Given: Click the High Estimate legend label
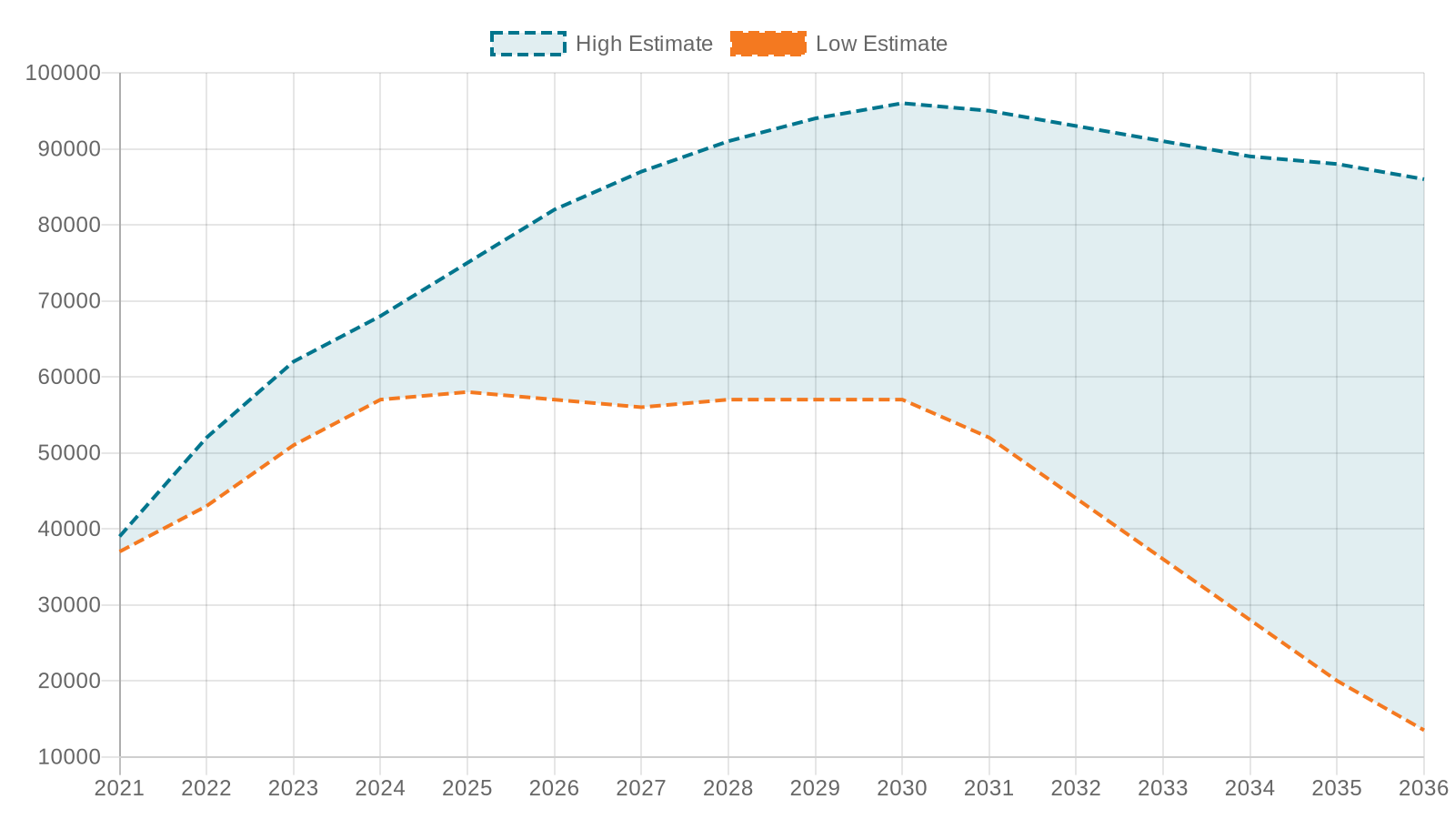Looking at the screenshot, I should (644, 44).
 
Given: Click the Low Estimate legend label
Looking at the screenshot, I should (881, 44).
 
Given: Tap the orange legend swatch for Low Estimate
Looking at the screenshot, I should (768, 44).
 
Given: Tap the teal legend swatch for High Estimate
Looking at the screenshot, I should (527, 44).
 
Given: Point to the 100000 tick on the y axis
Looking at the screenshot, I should (62, 73).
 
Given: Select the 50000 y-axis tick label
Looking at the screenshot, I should (68, 453).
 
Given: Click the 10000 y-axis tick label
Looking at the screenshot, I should (68, 757).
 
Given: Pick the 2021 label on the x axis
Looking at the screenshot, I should (120, 788).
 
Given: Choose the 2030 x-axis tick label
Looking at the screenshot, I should (902, 788).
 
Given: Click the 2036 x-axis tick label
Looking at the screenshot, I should (1423, 788).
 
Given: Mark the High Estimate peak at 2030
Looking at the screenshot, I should (902, 104).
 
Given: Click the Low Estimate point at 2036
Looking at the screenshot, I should (1423, 730).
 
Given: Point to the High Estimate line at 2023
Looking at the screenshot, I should (294, 361).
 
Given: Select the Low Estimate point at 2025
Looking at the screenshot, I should (467, 392).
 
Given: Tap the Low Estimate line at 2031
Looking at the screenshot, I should (989, 438).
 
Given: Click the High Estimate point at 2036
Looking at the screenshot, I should (1423, 179).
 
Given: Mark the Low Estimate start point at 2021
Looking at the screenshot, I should (120, 551).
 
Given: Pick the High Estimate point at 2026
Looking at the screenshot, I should (555, 209).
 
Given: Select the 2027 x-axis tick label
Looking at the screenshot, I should (641, 788).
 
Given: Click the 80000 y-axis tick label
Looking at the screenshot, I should (68, 225).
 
